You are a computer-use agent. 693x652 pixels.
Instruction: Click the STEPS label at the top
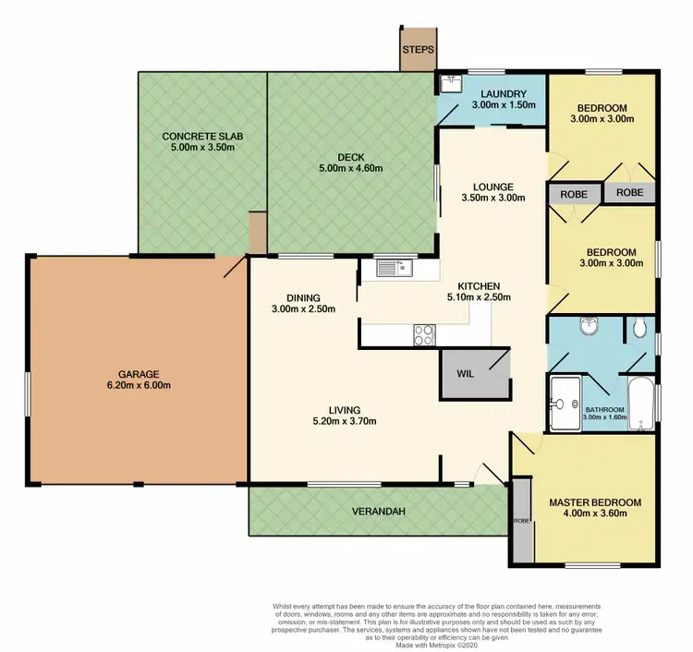[418, 49]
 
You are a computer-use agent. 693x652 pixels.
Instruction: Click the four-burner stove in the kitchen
[425, 335]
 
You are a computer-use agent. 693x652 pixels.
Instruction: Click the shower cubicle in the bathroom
[563, 404]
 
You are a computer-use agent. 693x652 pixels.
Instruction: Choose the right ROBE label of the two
[629, 194]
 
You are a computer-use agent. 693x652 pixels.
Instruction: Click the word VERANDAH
[378, 511]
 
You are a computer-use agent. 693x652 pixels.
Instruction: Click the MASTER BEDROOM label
[594, 503]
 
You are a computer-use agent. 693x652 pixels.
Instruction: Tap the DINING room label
[303, 296]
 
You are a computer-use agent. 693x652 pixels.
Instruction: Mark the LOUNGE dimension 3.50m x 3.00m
[492, 197]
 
